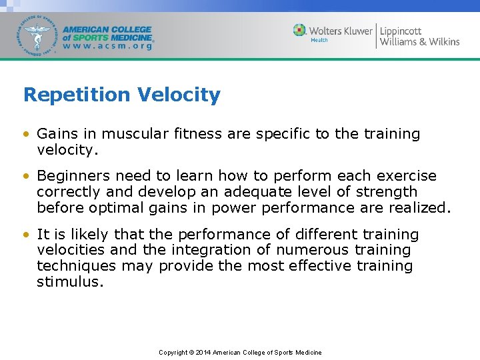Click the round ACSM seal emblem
pos(38,35)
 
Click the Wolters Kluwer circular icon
pos(300,31)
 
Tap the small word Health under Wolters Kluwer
pos(319,41)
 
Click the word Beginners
pos(74,176)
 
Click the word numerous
pos(312,250)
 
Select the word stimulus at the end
pos(70,282)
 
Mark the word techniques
pos(73,266)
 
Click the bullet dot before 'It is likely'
pos(25,235)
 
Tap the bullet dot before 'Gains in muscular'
pos(25,134)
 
